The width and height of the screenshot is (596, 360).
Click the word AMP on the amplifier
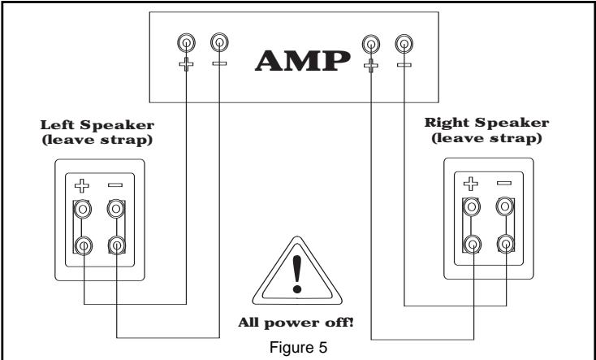303,61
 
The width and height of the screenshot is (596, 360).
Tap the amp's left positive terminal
186,42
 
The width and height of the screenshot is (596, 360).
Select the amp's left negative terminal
219,42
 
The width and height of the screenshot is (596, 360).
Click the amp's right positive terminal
371,44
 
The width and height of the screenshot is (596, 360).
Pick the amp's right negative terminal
404,44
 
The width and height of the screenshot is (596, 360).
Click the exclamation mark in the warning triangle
297,274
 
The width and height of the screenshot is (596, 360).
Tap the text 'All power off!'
296,323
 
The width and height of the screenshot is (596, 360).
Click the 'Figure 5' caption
298,348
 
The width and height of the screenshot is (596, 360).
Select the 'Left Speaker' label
97,125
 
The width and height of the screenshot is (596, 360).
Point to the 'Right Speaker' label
486,123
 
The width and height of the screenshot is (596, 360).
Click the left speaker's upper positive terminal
83,210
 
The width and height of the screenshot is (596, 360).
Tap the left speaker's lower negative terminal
117,246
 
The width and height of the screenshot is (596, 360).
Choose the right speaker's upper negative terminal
505,206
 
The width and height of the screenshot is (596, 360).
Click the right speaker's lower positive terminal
472,245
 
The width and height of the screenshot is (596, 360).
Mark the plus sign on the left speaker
82,186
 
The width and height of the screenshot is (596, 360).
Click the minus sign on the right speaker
504,183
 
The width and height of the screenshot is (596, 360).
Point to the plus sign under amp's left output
186,64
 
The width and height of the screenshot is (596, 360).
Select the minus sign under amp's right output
404,65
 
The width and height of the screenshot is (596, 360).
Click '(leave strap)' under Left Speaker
97,140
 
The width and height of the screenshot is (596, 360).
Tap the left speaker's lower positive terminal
84,246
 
